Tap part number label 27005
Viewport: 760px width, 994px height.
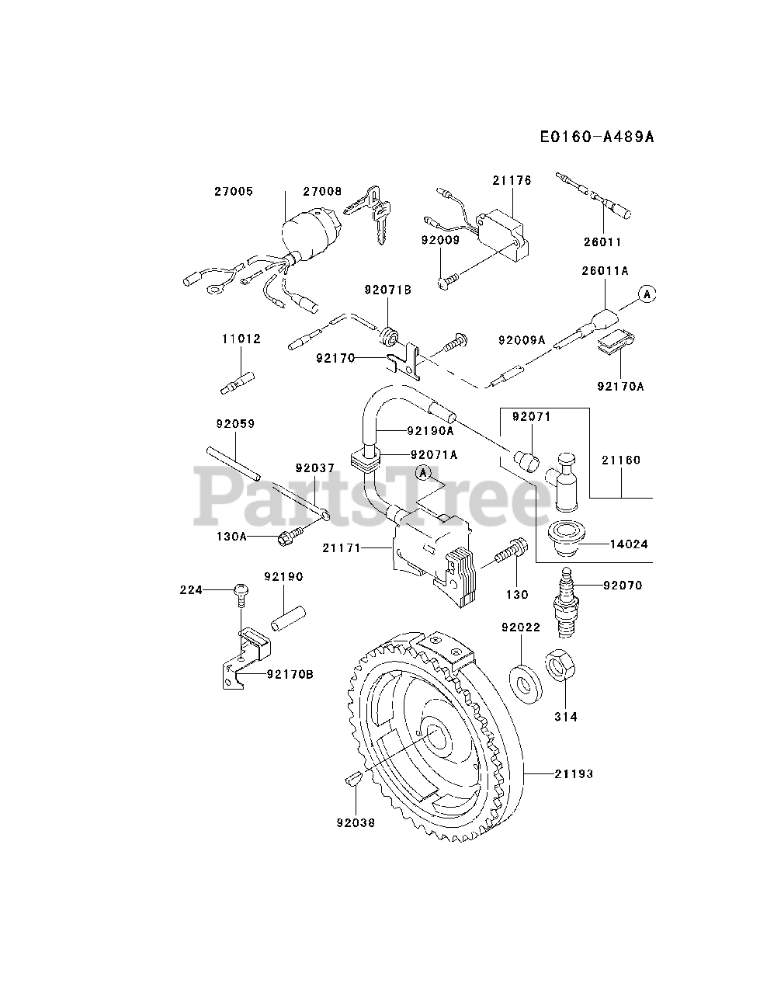click(234, 191)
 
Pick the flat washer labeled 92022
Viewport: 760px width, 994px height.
click(525, 677)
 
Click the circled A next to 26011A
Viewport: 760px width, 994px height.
click(647, 294)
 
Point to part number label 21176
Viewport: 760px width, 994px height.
click(512, 180)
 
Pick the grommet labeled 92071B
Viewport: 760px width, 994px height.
click(390, 338)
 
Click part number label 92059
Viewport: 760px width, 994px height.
click(235, 424)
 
